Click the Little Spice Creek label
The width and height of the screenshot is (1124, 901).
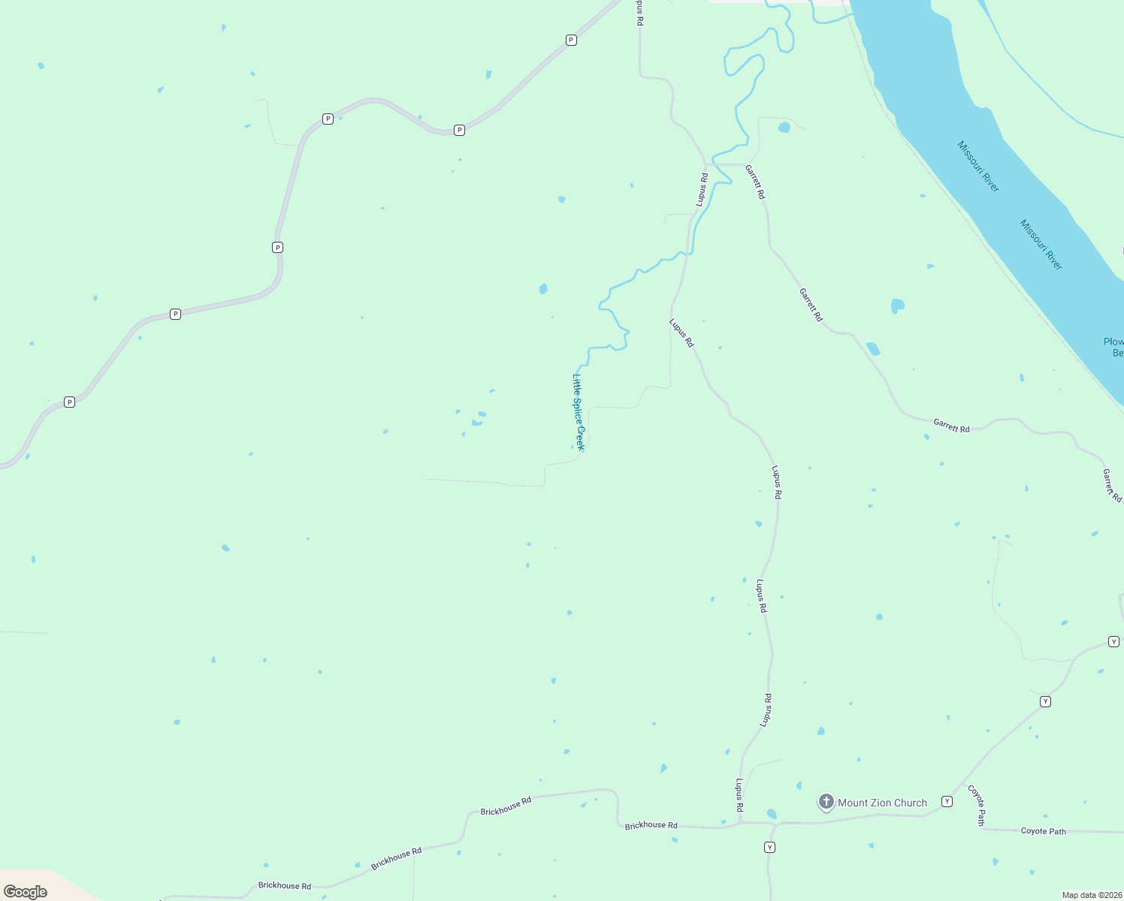(578, 412)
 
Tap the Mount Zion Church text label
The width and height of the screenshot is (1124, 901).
(882, 803)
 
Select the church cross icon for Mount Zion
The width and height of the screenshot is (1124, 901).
(826, 802)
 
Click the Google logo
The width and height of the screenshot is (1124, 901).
(26, 891)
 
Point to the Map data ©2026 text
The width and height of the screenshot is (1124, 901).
(1091, 895)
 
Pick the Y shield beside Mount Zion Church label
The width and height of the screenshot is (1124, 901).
(947, 801)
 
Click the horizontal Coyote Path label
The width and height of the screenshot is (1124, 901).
(1043, 831)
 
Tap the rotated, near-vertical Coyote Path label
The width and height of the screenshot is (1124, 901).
(977, 805)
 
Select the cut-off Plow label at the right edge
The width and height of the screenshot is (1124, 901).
(1113, 347)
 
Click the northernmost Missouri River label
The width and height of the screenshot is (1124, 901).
(978, 166)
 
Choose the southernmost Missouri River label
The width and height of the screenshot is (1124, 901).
(1041, 245)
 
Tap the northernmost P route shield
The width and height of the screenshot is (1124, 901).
(571, 40)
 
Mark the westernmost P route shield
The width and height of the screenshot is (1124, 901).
(69, 402)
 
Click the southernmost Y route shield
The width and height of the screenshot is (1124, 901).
(769, 848)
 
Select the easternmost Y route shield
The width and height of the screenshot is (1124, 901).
(1113, 641)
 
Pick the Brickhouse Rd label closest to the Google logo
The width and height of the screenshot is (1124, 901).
(285, 886)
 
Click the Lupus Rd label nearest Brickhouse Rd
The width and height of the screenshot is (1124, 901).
(740, 795)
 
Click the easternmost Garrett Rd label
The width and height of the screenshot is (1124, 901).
(1112, 485)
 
